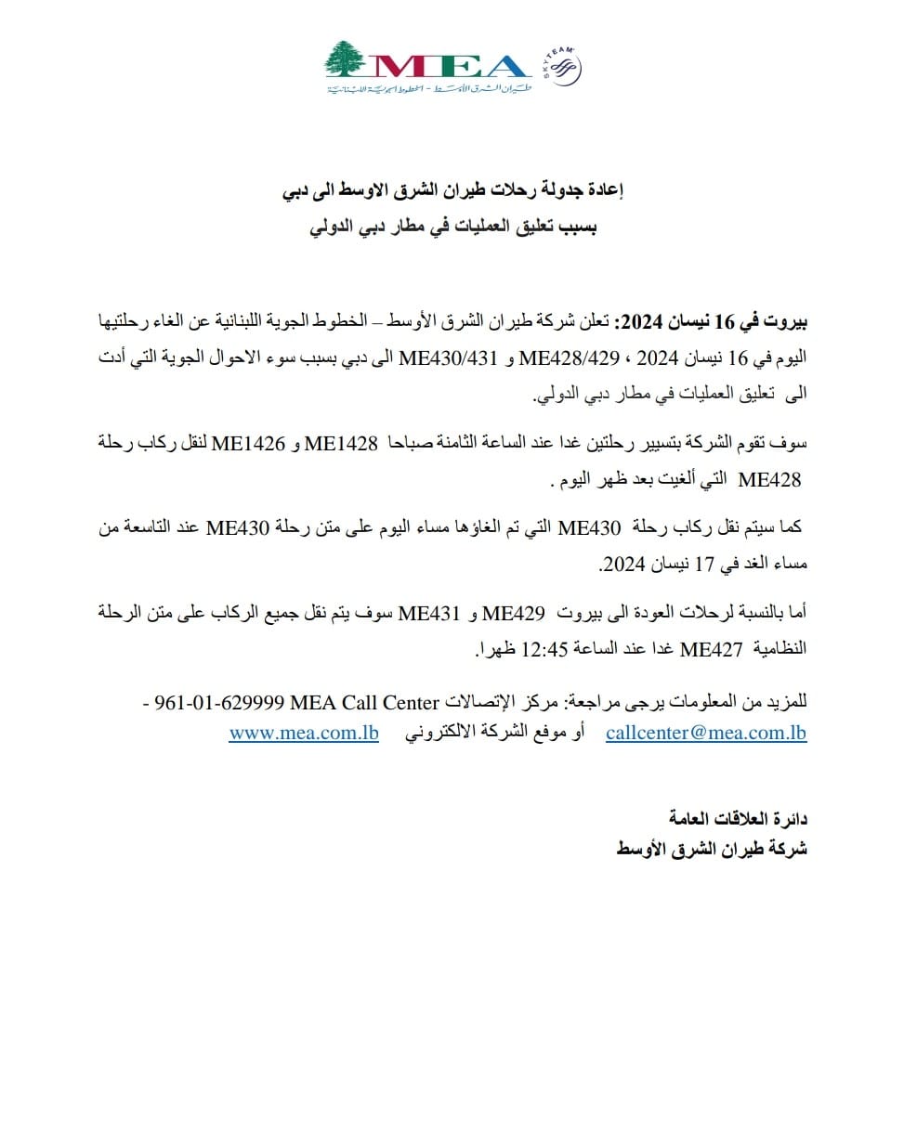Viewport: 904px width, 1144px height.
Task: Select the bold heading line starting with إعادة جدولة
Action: tap(452, 193)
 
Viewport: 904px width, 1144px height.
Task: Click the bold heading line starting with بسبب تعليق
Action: tap(452, 226)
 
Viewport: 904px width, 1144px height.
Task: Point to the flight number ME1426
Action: tap(251, 445)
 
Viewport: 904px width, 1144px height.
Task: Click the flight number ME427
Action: tap(713, 650)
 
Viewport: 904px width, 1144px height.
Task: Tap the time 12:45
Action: tap(570, 650)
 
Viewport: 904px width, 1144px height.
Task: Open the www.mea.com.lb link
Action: tap(303, 734)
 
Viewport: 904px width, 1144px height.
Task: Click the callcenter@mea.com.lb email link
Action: tap(706, 734)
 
